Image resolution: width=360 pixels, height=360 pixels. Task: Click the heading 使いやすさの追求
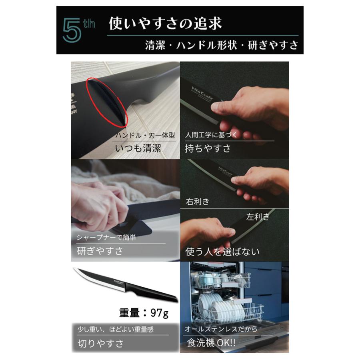(x=165, y=23)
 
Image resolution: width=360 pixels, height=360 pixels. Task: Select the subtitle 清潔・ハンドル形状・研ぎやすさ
(x=222, y=45)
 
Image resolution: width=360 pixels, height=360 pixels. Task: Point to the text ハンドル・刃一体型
(x=145, y=136)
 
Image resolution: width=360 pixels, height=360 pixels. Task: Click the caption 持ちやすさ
(x=208, y=148)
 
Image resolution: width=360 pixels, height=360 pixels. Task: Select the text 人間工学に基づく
(x=212, y=135)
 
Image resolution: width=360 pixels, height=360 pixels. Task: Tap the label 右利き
(x=197, y=201)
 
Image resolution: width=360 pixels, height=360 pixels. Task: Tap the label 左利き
(x=258, y=217)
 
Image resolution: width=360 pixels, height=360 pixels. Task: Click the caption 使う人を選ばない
(x=222, y=251)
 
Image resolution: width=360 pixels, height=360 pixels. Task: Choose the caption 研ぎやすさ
(x=100, y=251)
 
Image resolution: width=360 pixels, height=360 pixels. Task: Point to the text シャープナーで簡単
(x=106, y=238)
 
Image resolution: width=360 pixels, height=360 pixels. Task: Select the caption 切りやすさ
(x=100, y=343)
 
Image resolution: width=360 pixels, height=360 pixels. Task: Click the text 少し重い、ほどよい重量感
(x=116, y=330)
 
